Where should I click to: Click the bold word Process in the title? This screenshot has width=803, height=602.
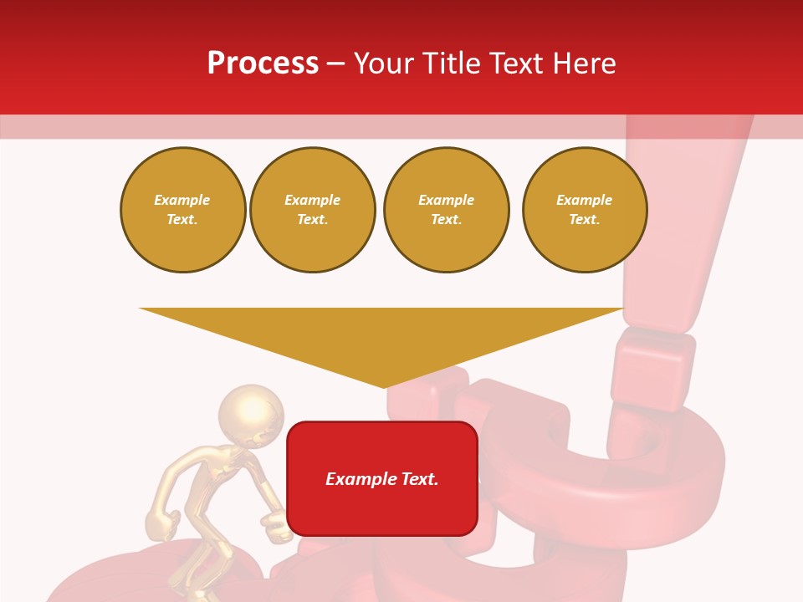tap(263, 64)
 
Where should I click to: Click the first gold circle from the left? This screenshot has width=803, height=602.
tap(183, 210)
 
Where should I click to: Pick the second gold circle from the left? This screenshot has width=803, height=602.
tap(313, 210)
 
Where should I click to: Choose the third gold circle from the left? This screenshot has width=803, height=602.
tap(447, 210)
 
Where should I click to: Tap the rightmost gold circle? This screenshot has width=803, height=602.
tap(585, 210)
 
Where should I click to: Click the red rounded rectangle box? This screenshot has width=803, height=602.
tap(382, 478)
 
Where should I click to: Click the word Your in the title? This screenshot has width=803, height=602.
tap(386, 64)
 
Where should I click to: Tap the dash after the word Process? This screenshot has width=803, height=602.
tap(335, 64)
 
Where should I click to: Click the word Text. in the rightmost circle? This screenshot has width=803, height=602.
tap(585, 220)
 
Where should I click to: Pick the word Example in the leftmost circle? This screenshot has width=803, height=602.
tap(182, 201)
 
